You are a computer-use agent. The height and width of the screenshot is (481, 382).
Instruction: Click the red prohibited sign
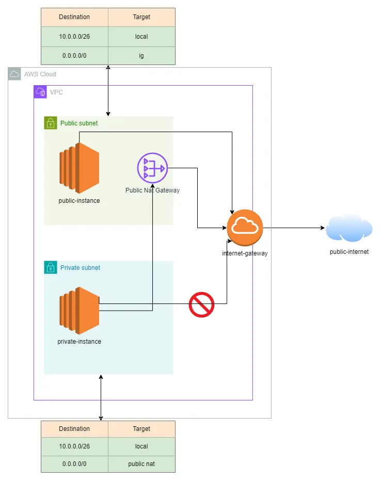pyautogui.click(x=201, y=304)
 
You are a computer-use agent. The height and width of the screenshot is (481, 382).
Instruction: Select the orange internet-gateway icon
pyautogui.click(x=245, y=228)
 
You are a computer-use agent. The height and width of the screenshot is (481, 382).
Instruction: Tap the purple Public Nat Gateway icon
pyautogui.click(x=152, y=168)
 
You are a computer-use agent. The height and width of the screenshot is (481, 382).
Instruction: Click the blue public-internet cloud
pyautogui.click(x=349, y=228)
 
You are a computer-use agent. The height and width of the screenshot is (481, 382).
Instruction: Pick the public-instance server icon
pyautogui.click(x=79, y=165)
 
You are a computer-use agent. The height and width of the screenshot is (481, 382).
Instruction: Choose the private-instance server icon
pyautogui.click(x=79, y=310)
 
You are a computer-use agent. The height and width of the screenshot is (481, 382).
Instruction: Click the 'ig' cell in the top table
pyautogui.click(x=141, y=56)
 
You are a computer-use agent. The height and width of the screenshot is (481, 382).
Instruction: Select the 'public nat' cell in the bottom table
pyautogui.click(x=141, y=463)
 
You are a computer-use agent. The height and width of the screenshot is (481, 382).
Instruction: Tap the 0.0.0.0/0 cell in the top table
pyautogui.click(x=74, y=56)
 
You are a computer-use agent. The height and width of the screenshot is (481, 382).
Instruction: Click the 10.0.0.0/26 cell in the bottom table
pyautogui.click(x=74, y=446)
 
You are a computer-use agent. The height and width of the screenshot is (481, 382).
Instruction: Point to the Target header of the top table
pyautogui.click(x=141, y=17)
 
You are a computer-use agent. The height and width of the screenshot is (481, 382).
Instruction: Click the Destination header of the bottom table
pyautogui.click(x=74, y=429)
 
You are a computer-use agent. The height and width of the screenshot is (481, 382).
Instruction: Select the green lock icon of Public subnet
pyautogui.click(x=51, y=123)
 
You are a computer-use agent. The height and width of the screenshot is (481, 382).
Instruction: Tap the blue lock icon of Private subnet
pyautogui.click(x=51, y=267)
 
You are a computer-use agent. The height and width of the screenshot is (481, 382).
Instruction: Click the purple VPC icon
pyautogui.click(x=40, y=92)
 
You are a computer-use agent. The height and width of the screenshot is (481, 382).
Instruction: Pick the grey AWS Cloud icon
pyautogui.click(x=14, y=74)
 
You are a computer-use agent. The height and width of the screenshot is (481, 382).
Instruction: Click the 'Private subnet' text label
pyautogui.click(x=80, y=268)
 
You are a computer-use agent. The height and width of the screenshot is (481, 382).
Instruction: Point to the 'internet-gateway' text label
pyautogui.click(x=245, y=253)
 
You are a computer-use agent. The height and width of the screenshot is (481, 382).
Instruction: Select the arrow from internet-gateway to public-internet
pyautogui.click(x=294, y=228)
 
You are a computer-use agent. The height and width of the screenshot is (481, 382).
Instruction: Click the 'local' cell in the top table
pyautogui.click(x=141, y=37)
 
